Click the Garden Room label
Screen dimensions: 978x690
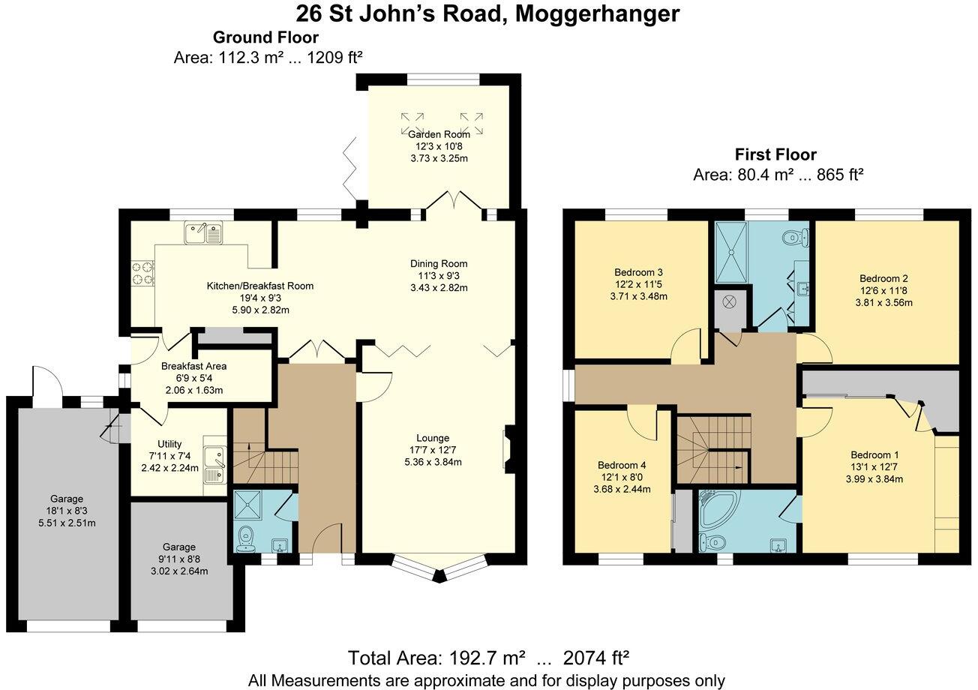[439, 134]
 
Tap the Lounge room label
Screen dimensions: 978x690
[433, 438]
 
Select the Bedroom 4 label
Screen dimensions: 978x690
[622, 465]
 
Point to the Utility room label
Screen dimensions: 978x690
[169, 444]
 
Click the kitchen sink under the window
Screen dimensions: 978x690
[203, 232]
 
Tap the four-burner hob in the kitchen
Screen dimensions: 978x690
[142, 273]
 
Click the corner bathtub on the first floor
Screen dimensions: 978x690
[718, 509]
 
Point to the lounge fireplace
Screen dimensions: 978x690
[509, 448]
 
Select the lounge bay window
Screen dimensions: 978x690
[439, 568]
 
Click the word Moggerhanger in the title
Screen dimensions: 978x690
[597, 14]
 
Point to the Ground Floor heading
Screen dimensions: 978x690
[265, 37]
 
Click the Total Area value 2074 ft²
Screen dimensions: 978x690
[596, 657]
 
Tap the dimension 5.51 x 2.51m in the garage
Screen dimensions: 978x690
[67, 523]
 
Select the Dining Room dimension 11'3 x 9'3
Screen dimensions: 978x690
[439, 275]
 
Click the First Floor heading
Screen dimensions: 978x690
[775, 154]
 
